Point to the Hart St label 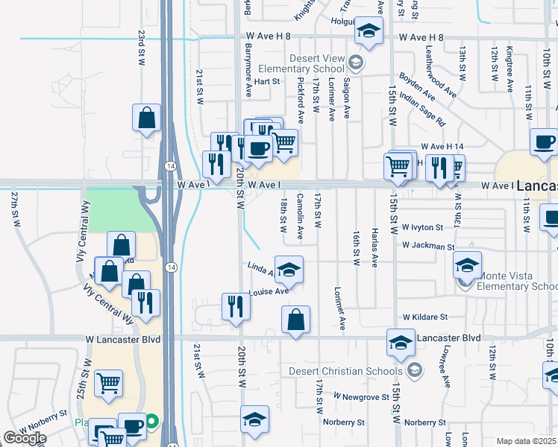tap(266, 81)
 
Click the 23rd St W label tap(140, 48)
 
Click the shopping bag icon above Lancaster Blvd tap(296, 320)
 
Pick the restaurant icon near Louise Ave tap(235, 306)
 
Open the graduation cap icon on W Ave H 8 tap(367, 31)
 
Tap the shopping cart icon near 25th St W tap(109, 384)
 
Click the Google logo tap(24, 438)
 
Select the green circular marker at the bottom tap(151, 421)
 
